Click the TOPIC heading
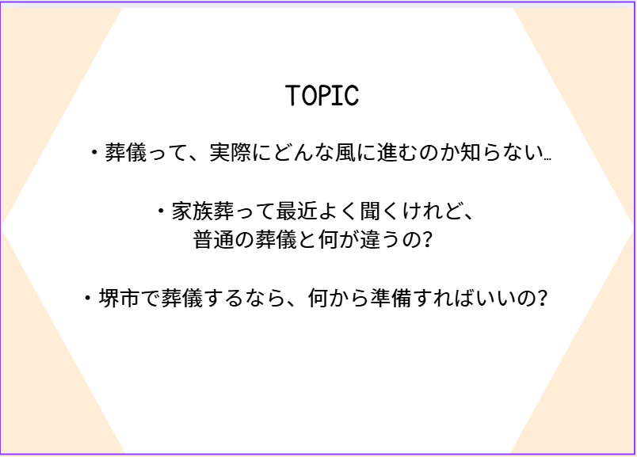click(x=322, y=96)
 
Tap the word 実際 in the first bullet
click(x=231, y=153)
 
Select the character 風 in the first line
click(x=345, y=153)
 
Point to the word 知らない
click(x=502, y=153)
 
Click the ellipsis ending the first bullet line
click(x=547, y=159)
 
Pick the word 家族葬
click(x=203, y=211)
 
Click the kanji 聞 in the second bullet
click(x=371, y=211)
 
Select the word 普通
click(x=214, y=240)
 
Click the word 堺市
click(x=120, y=299)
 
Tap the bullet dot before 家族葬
click(x=162, y=211)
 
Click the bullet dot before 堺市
click(x=88, y=298)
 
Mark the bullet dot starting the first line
click(x=94, y=152)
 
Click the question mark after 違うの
click(x=427, y=240)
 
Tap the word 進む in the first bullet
click(x=398, y=153)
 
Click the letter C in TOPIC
click(x=352, y=96)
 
